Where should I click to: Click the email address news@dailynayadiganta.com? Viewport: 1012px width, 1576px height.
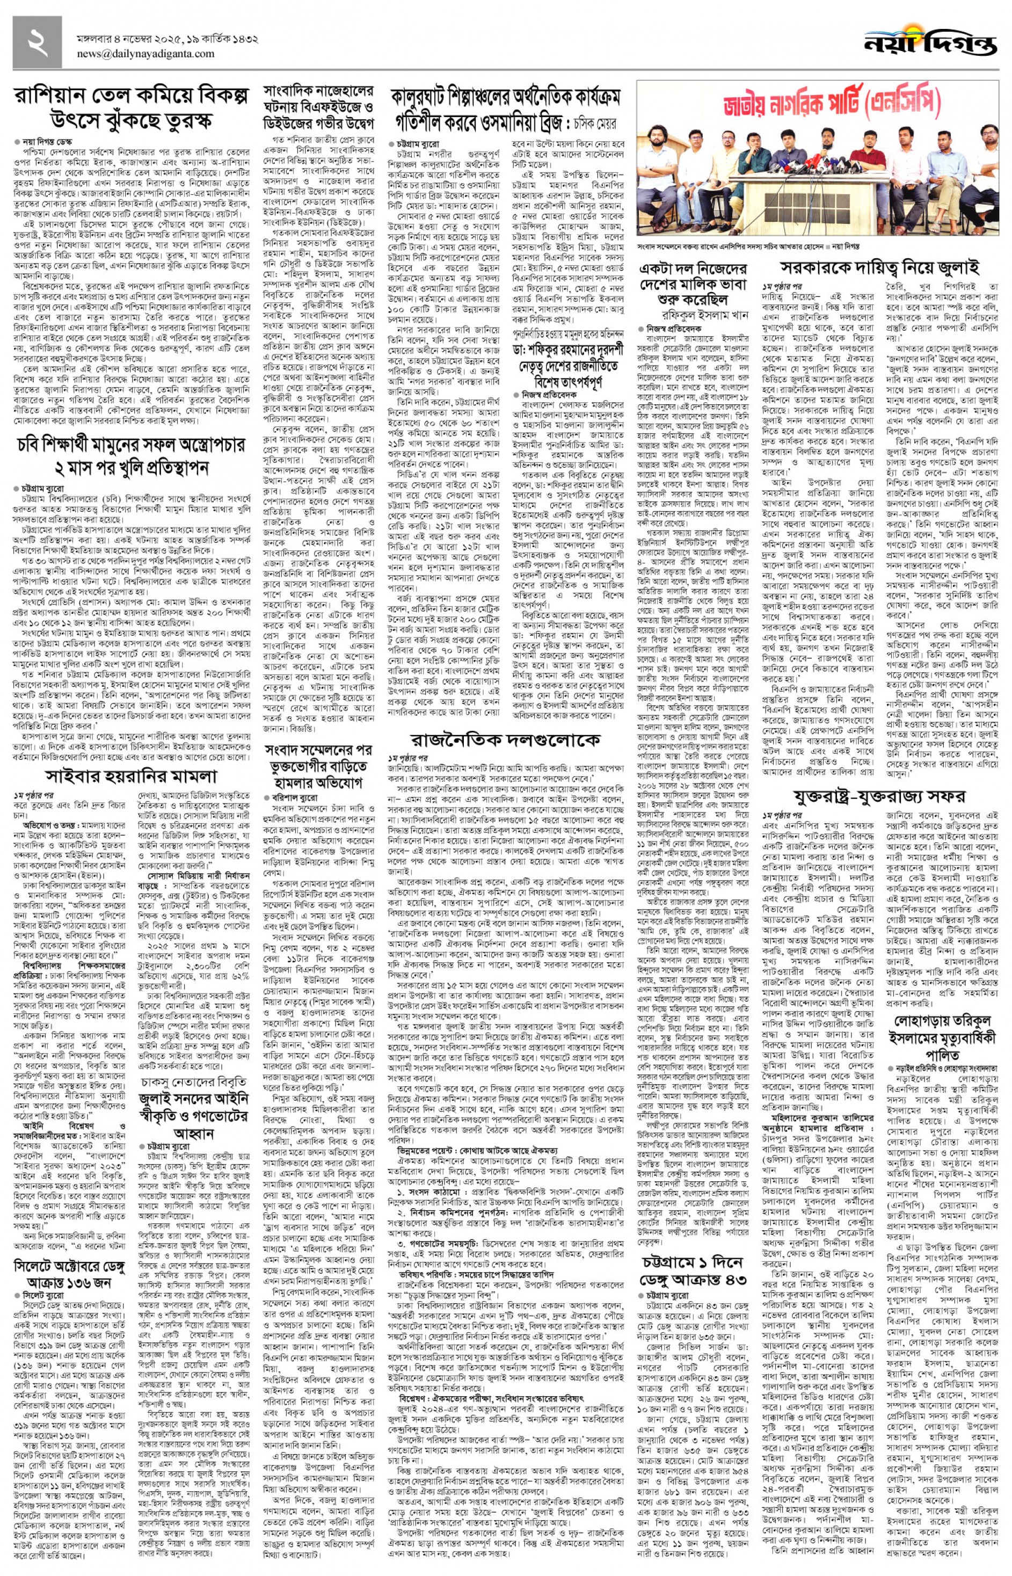point(145,54)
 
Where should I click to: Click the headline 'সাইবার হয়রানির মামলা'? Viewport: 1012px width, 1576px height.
point(132,776)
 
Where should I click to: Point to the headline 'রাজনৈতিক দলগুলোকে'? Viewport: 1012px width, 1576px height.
point(505,739)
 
